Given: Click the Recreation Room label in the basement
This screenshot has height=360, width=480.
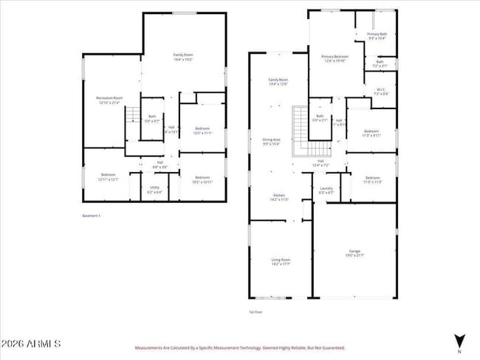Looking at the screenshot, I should [x=109, y=100].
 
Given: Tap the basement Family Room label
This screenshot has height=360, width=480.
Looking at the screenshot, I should [x=183, y=58].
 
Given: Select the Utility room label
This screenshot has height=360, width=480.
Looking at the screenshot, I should [x=154, y=189].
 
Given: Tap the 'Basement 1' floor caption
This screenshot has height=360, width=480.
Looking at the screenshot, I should [x=92, y=215].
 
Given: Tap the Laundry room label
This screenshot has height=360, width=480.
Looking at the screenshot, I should [x=326, y=190].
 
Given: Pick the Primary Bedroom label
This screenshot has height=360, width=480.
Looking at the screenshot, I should [x=335, y=58].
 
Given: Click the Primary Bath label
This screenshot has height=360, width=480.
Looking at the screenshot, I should [x=377, y=35].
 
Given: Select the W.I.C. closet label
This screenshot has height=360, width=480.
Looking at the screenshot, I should [x=381, y=92].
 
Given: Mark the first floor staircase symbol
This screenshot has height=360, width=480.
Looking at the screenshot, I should [x=300, y=131].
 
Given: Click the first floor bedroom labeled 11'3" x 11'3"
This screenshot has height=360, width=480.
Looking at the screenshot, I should [x=371, y=179].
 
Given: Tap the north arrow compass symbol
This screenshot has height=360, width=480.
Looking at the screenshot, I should [x=459, y=342].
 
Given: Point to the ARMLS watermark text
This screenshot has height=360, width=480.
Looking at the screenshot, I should [x=31, y=345].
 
